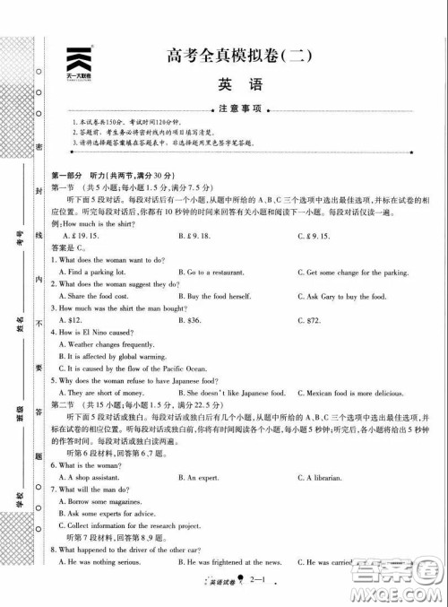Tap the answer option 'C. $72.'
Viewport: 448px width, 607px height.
[x=309, y=319]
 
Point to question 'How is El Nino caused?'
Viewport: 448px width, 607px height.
[x=95, y=332]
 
